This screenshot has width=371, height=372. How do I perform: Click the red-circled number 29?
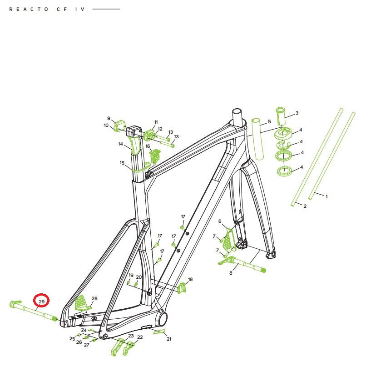(41, 302)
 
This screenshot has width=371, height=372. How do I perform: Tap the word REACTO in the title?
(29, 9)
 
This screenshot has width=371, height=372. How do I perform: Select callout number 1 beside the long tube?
(326, 196)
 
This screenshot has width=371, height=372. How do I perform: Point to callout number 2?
(305, 206)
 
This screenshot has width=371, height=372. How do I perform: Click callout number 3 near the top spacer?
(297, 113)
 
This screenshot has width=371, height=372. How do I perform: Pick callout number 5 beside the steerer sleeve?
(269, 121)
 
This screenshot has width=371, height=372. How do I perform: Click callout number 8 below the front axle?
(231, 273)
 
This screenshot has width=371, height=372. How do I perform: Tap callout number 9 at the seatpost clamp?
(109, 118)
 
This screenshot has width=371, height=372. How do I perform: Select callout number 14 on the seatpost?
(121, 144)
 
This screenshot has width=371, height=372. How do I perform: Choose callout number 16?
(148, 146)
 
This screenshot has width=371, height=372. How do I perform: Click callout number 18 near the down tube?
(190, 279)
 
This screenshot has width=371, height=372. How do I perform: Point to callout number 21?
(169, 339)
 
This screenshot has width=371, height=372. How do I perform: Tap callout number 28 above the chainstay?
(94, 298)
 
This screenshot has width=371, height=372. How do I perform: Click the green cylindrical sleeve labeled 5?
(258, 139)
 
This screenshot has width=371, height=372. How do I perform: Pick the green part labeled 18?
(182, 288)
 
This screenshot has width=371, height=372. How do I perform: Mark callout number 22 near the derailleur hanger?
(140, 337)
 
